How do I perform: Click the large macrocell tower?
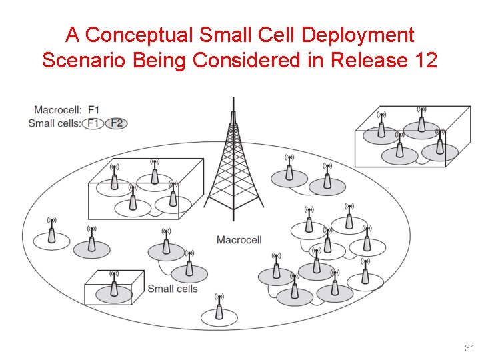tap(233, 173)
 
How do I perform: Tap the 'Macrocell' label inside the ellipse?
tap(239, 240)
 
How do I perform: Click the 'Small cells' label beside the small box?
tap(173, 289)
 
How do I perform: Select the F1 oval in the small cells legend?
tap(93, 123)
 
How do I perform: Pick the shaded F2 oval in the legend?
tap(117, 123)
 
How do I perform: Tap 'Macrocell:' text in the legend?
tap(58, 110)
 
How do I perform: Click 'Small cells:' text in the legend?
tap(55, 123)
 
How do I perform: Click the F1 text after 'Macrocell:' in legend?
tap(94, 110)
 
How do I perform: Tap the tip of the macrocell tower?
tap(233, 99)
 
